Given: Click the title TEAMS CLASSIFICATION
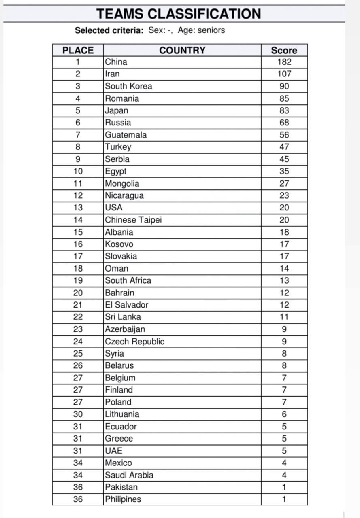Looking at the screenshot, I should tap(179, 13).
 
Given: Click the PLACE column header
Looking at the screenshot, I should tap(78, 50).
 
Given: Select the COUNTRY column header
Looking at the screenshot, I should tap(182, 50).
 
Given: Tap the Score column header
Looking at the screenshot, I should tap(284, 50).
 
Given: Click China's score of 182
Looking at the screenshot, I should tap(284, 62).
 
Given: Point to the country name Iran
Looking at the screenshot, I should tap(113, 74).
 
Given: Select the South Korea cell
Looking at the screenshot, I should tap(128, 86).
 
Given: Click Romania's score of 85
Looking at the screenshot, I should tap(284, 98).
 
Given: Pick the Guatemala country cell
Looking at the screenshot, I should tap(126, 135).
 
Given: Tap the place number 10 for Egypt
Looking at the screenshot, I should tap(78, 171).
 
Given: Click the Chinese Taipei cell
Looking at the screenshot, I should tap(133, 220).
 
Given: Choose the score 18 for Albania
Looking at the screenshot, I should tap(284, 232).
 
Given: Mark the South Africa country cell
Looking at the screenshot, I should tap(128, 280).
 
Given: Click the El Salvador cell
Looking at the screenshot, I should tap(126, 305).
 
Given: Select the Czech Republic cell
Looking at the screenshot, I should tap(134, 341).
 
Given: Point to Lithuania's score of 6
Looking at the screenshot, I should tap(284, 414).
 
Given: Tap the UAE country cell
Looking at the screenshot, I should tap(113, 450).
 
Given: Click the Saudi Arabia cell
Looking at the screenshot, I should tap(129, 475).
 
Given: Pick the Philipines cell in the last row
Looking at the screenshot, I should tap(123, 499).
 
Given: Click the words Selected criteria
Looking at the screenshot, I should tap(109, 30).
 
